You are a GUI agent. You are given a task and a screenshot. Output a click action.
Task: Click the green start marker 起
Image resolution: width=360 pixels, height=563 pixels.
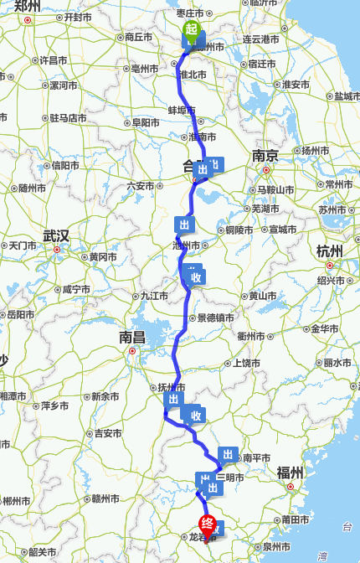tap(193, 31)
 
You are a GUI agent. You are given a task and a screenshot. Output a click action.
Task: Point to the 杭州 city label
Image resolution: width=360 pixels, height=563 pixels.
tap(330, 251)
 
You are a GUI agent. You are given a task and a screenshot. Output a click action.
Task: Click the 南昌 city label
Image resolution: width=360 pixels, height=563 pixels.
tap(132, 338)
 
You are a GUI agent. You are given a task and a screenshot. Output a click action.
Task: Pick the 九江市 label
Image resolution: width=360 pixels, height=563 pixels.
tap(155, 295)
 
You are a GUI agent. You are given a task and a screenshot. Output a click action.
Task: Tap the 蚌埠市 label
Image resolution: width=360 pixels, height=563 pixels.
tap(182, 111)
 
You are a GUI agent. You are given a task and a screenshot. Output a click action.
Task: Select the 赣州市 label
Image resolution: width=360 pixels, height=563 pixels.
tap(107, 498)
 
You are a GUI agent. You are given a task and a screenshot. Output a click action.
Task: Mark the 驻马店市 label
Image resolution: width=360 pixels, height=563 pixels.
tap(68, 118)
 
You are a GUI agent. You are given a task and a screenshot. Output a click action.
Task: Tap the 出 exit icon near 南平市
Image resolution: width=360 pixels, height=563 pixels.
tap(226, 455)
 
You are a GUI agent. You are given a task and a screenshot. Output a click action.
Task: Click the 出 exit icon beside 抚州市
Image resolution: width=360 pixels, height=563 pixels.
tap(172, 400)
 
